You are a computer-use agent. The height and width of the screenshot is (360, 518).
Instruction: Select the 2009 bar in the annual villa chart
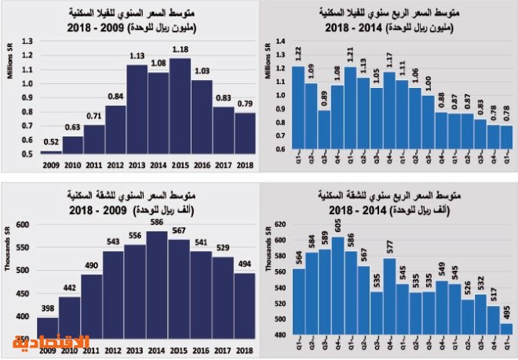coord(51,152)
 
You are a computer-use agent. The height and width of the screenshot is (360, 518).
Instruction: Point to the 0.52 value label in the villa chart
coord(51,143)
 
